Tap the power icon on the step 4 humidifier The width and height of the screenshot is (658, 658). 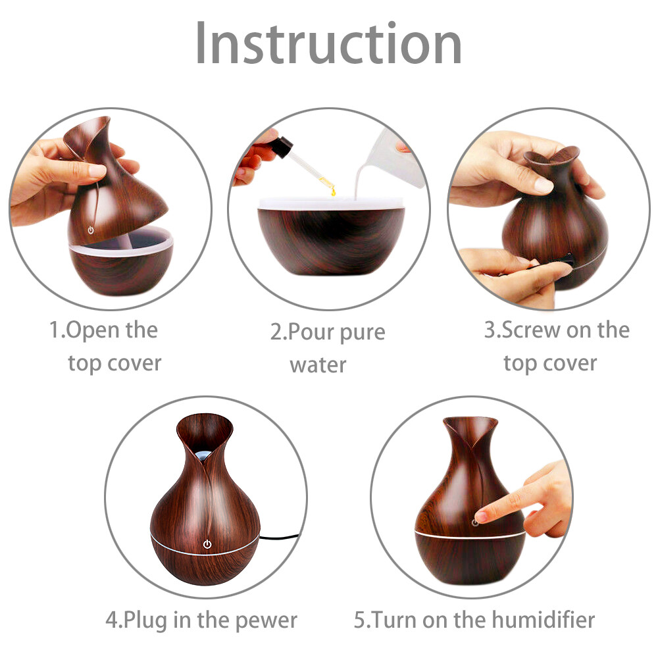point(207,544)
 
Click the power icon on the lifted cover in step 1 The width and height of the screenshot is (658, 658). point(91,231)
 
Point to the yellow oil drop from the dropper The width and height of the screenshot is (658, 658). point(334,191)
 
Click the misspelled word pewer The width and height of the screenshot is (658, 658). point(267,619)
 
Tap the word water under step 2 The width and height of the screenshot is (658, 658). point(318,364)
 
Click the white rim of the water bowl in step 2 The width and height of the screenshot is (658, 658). point(329,203)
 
